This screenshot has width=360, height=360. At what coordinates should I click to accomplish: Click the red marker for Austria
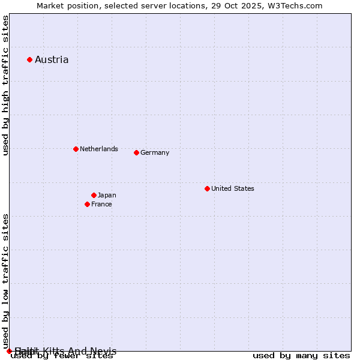(x=29, y=59)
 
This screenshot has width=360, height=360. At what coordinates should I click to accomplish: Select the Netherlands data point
(x=76, y=149)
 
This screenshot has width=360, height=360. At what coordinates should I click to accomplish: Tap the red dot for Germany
(x=136, y=152)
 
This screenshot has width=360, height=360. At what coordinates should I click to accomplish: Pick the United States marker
(x=207, y=188)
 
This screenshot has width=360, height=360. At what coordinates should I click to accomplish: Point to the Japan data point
(x=94, y=195)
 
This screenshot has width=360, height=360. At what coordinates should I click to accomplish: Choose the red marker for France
(x=87, y=204)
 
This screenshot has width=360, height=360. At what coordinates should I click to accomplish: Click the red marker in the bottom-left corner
(x=9, y=351)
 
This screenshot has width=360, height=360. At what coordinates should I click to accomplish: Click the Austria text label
(x=52, y=59)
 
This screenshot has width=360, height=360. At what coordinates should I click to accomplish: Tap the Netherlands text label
(x=98, y=149)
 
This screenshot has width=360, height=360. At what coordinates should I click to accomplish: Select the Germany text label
(x=155, y=152)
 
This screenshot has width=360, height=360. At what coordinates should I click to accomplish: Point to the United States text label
(x=232, y=188)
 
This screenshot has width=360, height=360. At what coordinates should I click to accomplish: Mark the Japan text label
(x=107, y=195)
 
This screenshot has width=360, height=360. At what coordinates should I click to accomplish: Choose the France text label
(x=101, y=204)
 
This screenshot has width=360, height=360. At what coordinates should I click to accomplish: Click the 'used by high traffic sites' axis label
(x=6, y=85)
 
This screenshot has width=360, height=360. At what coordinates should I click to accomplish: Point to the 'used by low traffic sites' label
(x=6, y=281)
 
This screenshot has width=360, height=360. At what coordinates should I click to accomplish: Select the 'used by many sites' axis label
(x=301, y=356)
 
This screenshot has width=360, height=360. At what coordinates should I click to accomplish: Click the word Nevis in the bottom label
(x=104, y=351)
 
